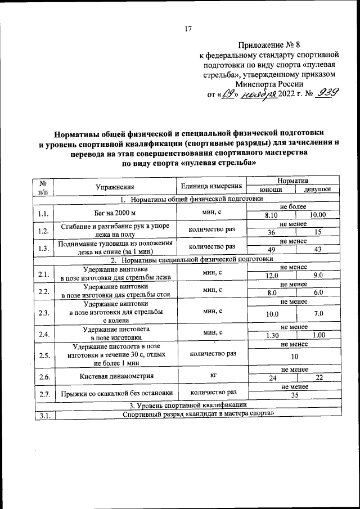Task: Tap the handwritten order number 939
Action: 325,94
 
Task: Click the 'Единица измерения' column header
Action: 211,186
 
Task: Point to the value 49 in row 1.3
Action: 272,250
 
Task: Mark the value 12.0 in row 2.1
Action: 272,275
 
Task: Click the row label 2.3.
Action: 43,312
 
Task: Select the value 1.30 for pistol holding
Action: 272,335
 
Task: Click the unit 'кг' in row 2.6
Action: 211,373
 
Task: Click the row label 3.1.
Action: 43,415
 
